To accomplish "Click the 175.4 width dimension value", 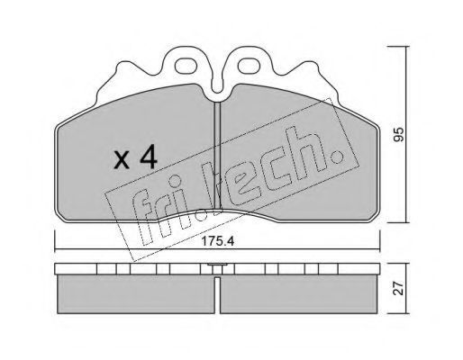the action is [x=218, y=241].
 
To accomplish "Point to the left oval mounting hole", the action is [x=186, y=65].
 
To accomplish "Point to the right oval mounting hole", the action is [x=249, y=65].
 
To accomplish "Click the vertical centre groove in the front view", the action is [x=217, y=156].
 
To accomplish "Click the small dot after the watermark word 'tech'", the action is [x=339, y=156].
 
